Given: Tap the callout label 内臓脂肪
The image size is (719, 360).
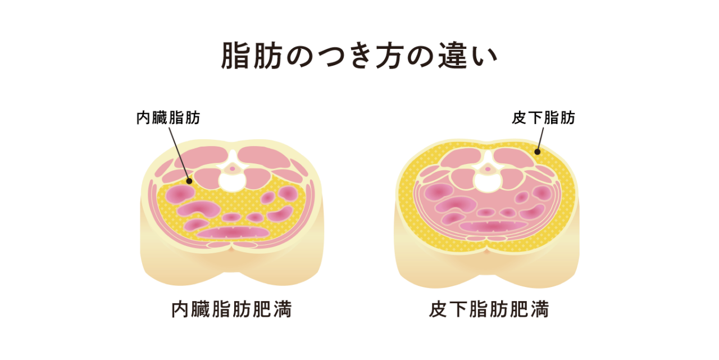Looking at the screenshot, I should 169,118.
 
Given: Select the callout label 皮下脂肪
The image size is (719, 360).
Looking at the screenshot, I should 543,118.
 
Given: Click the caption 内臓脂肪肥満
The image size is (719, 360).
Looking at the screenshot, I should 231,309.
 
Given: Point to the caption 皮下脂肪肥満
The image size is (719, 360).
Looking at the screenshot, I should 489,309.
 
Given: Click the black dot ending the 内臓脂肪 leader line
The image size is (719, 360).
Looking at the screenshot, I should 189,181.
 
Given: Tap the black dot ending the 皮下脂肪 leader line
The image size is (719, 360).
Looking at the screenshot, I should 537,151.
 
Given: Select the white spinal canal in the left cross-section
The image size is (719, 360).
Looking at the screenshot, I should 231,180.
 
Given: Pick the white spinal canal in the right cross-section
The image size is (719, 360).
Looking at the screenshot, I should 488,179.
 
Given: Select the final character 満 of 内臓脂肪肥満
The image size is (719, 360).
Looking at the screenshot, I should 282,309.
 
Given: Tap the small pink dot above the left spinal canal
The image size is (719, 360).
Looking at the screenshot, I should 231,167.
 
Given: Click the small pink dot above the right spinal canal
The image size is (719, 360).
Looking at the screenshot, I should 488,167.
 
